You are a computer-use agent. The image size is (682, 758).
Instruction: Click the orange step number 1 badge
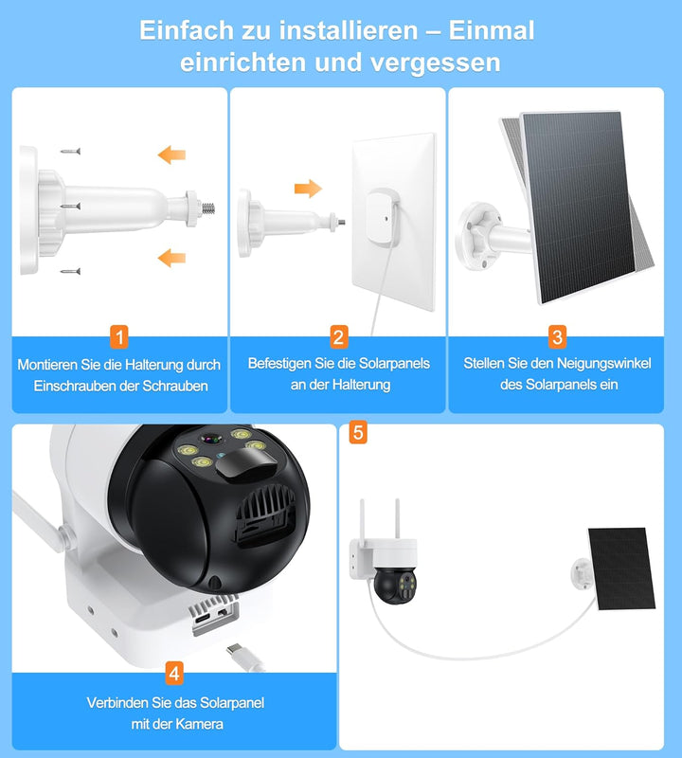119,335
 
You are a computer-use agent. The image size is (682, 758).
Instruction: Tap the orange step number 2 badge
339,335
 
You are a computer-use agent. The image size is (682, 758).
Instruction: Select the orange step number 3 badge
557,335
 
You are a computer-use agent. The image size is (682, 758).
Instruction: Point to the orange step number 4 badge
174,674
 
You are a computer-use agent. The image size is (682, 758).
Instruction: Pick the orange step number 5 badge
357,432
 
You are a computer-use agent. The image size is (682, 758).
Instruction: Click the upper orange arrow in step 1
171,153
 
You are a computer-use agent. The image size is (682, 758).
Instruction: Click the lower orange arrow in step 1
171,256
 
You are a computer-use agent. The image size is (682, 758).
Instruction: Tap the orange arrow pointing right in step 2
308,188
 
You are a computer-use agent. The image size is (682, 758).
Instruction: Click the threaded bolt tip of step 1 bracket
210,204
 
